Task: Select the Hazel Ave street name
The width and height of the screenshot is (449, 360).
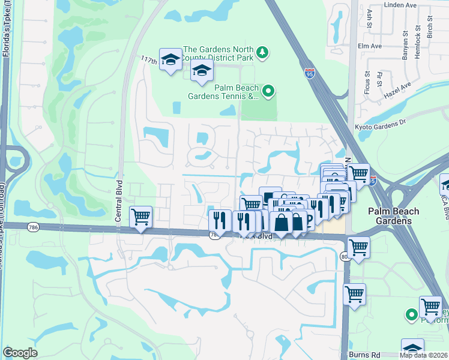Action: pos(397,90)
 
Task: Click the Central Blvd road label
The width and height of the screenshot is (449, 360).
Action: pos(119,208)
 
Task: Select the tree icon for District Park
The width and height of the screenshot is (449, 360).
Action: pos(262,53)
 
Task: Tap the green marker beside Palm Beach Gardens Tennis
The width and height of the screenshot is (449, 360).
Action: pos(268,92)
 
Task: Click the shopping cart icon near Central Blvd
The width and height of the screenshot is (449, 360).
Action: pos(140,217)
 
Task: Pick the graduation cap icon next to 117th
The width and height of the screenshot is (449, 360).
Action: pos(170,59)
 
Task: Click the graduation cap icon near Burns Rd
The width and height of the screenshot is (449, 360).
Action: pos(412,349)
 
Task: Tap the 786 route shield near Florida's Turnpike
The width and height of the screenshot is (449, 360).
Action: pos(33,226)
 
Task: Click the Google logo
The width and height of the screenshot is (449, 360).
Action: pos(20,353)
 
